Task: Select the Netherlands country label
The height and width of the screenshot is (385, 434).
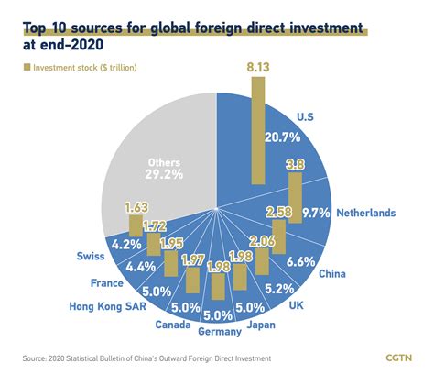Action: [364, 213]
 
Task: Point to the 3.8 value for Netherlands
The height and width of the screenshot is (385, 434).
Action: [295, 165]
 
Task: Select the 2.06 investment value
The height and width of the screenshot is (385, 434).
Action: [262, 240]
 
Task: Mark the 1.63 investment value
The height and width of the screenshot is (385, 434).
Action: [136, 207]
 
